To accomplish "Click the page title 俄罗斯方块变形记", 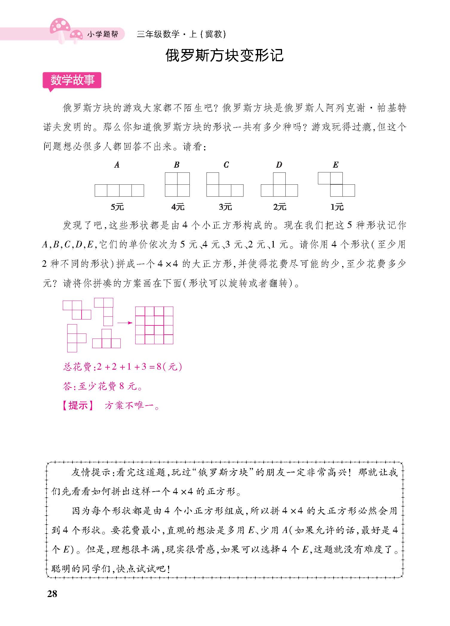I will point(224,56).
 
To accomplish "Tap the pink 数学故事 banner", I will point(72,80).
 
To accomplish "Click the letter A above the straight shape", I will point(117,165).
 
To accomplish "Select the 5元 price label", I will point(117,207).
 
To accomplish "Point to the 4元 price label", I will point(178,207).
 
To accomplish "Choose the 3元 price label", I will point(225,207).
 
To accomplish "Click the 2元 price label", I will point(279,207).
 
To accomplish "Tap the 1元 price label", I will point(337,207).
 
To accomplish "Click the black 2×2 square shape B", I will point(177,184).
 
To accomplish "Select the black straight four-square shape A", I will point(119,190).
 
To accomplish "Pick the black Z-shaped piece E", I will point(336,184).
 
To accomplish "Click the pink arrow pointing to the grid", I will point(125,323).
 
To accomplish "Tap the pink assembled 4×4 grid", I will point(154,325).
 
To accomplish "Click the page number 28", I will point(52,593).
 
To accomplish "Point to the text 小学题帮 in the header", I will point(103,35).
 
